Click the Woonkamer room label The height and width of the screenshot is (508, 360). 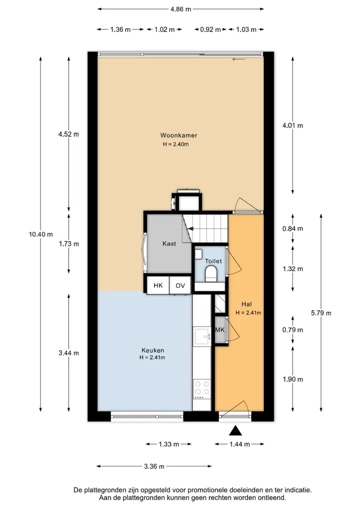(x=178, y=135)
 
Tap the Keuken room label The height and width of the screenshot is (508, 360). (x=153, y=350)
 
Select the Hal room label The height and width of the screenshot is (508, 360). (x=246, y=304)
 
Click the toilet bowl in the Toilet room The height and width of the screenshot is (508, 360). (x=211, y=273)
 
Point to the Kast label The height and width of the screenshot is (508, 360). (x=169, y=244)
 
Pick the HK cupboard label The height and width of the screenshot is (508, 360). (x=158, y=285)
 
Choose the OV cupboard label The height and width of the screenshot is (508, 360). (x=180, y=285)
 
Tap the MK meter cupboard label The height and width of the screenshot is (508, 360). (x=220, y=330)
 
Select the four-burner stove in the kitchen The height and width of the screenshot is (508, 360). (x=202, y=389)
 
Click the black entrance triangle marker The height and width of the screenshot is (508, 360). (x=236, y=431)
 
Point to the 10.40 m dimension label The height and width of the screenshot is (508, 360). (x=41, y=234)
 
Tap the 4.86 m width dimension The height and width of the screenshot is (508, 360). (x=180, y=9)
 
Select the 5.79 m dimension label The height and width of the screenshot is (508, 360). (x=321, y=313)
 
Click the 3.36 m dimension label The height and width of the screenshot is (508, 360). (x=154, y=467)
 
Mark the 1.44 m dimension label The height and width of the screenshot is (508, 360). (x=239, y=444)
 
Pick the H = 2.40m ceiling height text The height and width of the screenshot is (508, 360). (x=176, y=144)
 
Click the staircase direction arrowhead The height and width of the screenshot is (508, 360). (x=191, y=229)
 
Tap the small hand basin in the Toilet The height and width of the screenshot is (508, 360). (x=198, y=254)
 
